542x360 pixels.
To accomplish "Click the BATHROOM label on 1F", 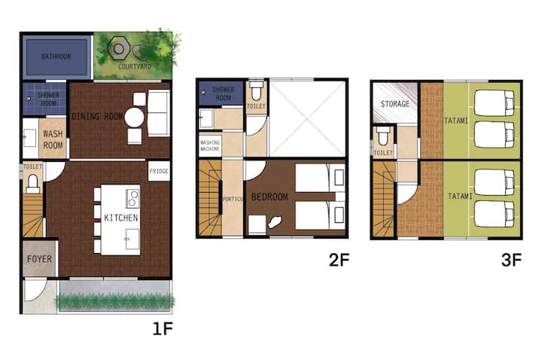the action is coord(56,56).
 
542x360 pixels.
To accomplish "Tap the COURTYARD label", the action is coord(135,66).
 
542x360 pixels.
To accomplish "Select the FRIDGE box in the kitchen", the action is coord(159,171).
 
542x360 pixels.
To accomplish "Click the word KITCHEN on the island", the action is coord(121,218).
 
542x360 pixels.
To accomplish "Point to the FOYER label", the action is coord(39,259).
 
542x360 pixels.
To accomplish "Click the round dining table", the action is coord(134,117).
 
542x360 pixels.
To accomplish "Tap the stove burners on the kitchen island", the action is coord(132,198).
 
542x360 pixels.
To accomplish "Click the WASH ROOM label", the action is coord(53,139).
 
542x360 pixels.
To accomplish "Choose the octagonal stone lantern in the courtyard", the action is coord(119,49).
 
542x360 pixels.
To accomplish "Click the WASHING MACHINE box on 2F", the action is coord(210,145).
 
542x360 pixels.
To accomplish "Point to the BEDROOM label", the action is coord(269,197).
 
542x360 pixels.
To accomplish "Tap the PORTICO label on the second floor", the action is coord(233,199).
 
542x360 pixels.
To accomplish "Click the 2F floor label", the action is coord(339,260).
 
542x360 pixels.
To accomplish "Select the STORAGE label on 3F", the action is coord(395,104).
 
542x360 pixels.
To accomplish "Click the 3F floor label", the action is coord(511,260).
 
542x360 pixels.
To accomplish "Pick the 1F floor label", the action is coord(163,328).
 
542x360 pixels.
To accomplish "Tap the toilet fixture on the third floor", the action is coord(383,136).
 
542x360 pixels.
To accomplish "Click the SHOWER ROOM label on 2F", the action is coord(224,93).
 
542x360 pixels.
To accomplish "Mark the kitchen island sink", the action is coord(132,239).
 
